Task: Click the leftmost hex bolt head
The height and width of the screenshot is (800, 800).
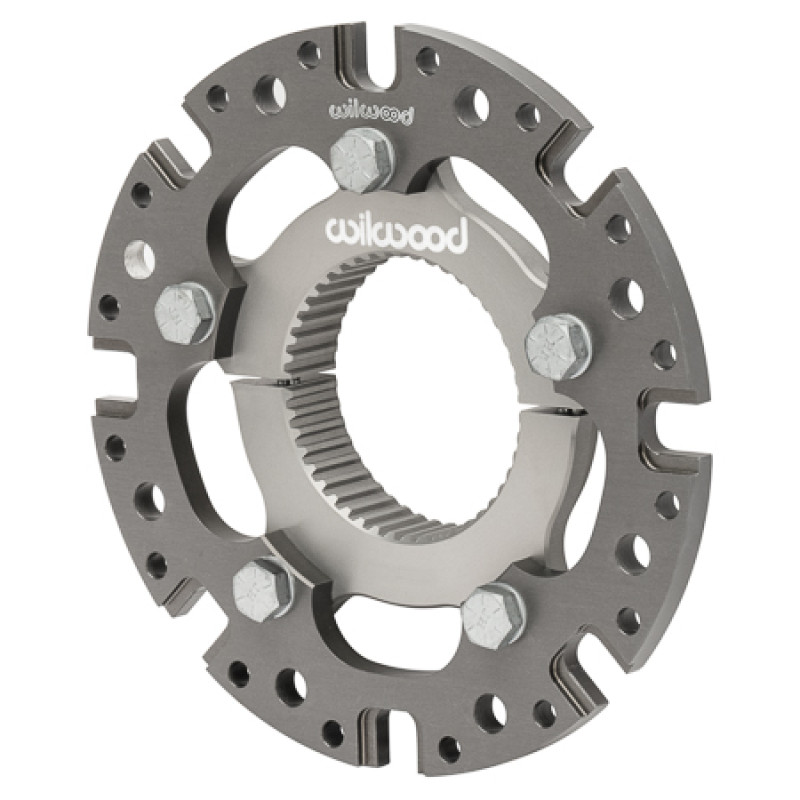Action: [185, 307]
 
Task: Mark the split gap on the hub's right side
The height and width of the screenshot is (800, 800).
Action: [573, 411]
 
